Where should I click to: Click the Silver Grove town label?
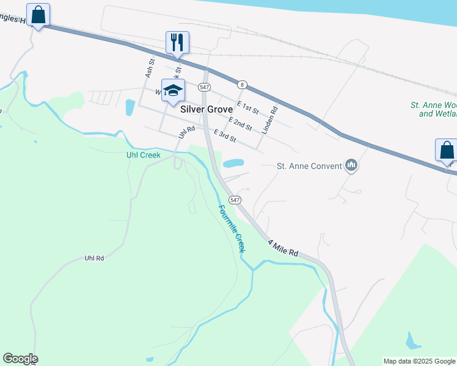tap(207, 110)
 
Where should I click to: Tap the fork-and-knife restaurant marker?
tap(177, 43)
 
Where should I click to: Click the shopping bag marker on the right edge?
tap(447, 150)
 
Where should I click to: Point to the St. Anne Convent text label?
tap(309, 165)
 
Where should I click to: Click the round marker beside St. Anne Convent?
tap(351, 165)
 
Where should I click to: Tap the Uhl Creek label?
tap(143, 155)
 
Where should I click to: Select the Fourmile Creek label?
tap(232, 229)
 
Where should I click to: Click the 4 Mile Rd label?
tap(283, 248)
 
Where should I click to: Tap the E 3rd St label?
tap(225, 136)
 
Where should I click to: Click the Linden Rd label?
tap(269, 120)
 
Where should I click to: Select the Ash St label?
tap(150, 67)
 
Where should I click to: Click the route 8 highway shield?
tap(243, 84)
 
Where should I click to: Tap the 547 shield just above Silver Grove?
tap(204, 87)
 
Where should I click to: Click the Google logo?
tap(20, 359)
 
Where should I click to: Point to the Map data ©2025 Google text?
tap(419, 361)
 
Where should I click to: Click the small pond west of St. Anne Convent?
tap(233, 163)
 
